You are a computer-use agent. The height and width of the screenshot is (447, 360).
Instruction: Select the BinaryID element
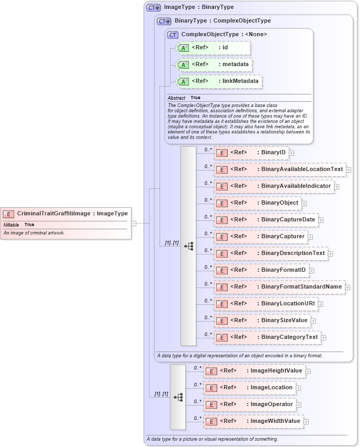tap(251, 153)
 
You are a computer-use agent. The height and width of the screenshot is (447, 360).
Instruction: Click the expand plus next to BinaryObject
tap(304, 203)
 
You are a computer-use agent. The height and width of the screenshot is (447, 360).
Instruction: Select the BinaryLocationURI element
tap(265, 304)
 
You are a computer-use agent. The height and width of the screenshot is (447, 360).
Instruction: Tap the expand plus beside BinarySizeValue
tap(313, 321)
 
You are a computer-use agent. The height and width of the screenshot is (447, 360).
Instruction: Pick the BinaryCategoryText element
tap(267, 337)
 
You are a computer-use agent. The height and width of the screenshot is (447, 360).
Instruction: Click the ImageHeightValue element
tap(254, 371)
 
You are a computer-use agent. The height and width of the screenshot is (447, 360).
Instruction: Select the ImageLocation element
tap(249, 388)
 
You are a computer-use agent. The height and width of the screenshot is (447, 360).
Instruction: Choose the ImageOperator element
tap(249, 405)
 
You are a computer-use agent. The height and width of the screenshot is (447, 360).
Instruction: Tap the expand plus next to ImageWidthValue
tap(306, 421)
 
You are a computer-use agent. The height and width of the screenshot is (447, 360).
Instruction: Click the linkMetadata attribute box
tap(219, 81)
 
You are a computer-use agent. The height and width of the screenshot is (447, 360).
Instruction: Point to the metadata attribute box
tap(214, 65)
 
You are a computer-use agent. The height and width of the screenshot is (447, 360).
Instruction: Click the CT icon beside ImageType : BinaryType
tap(153, 7)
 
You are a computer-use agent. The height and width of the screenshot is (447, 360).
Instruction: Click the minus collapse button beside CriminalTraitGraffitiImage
tap(134, 223)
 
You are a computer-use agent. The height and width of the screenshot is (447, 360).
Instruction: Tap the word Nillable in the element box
tap(12, 225)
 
